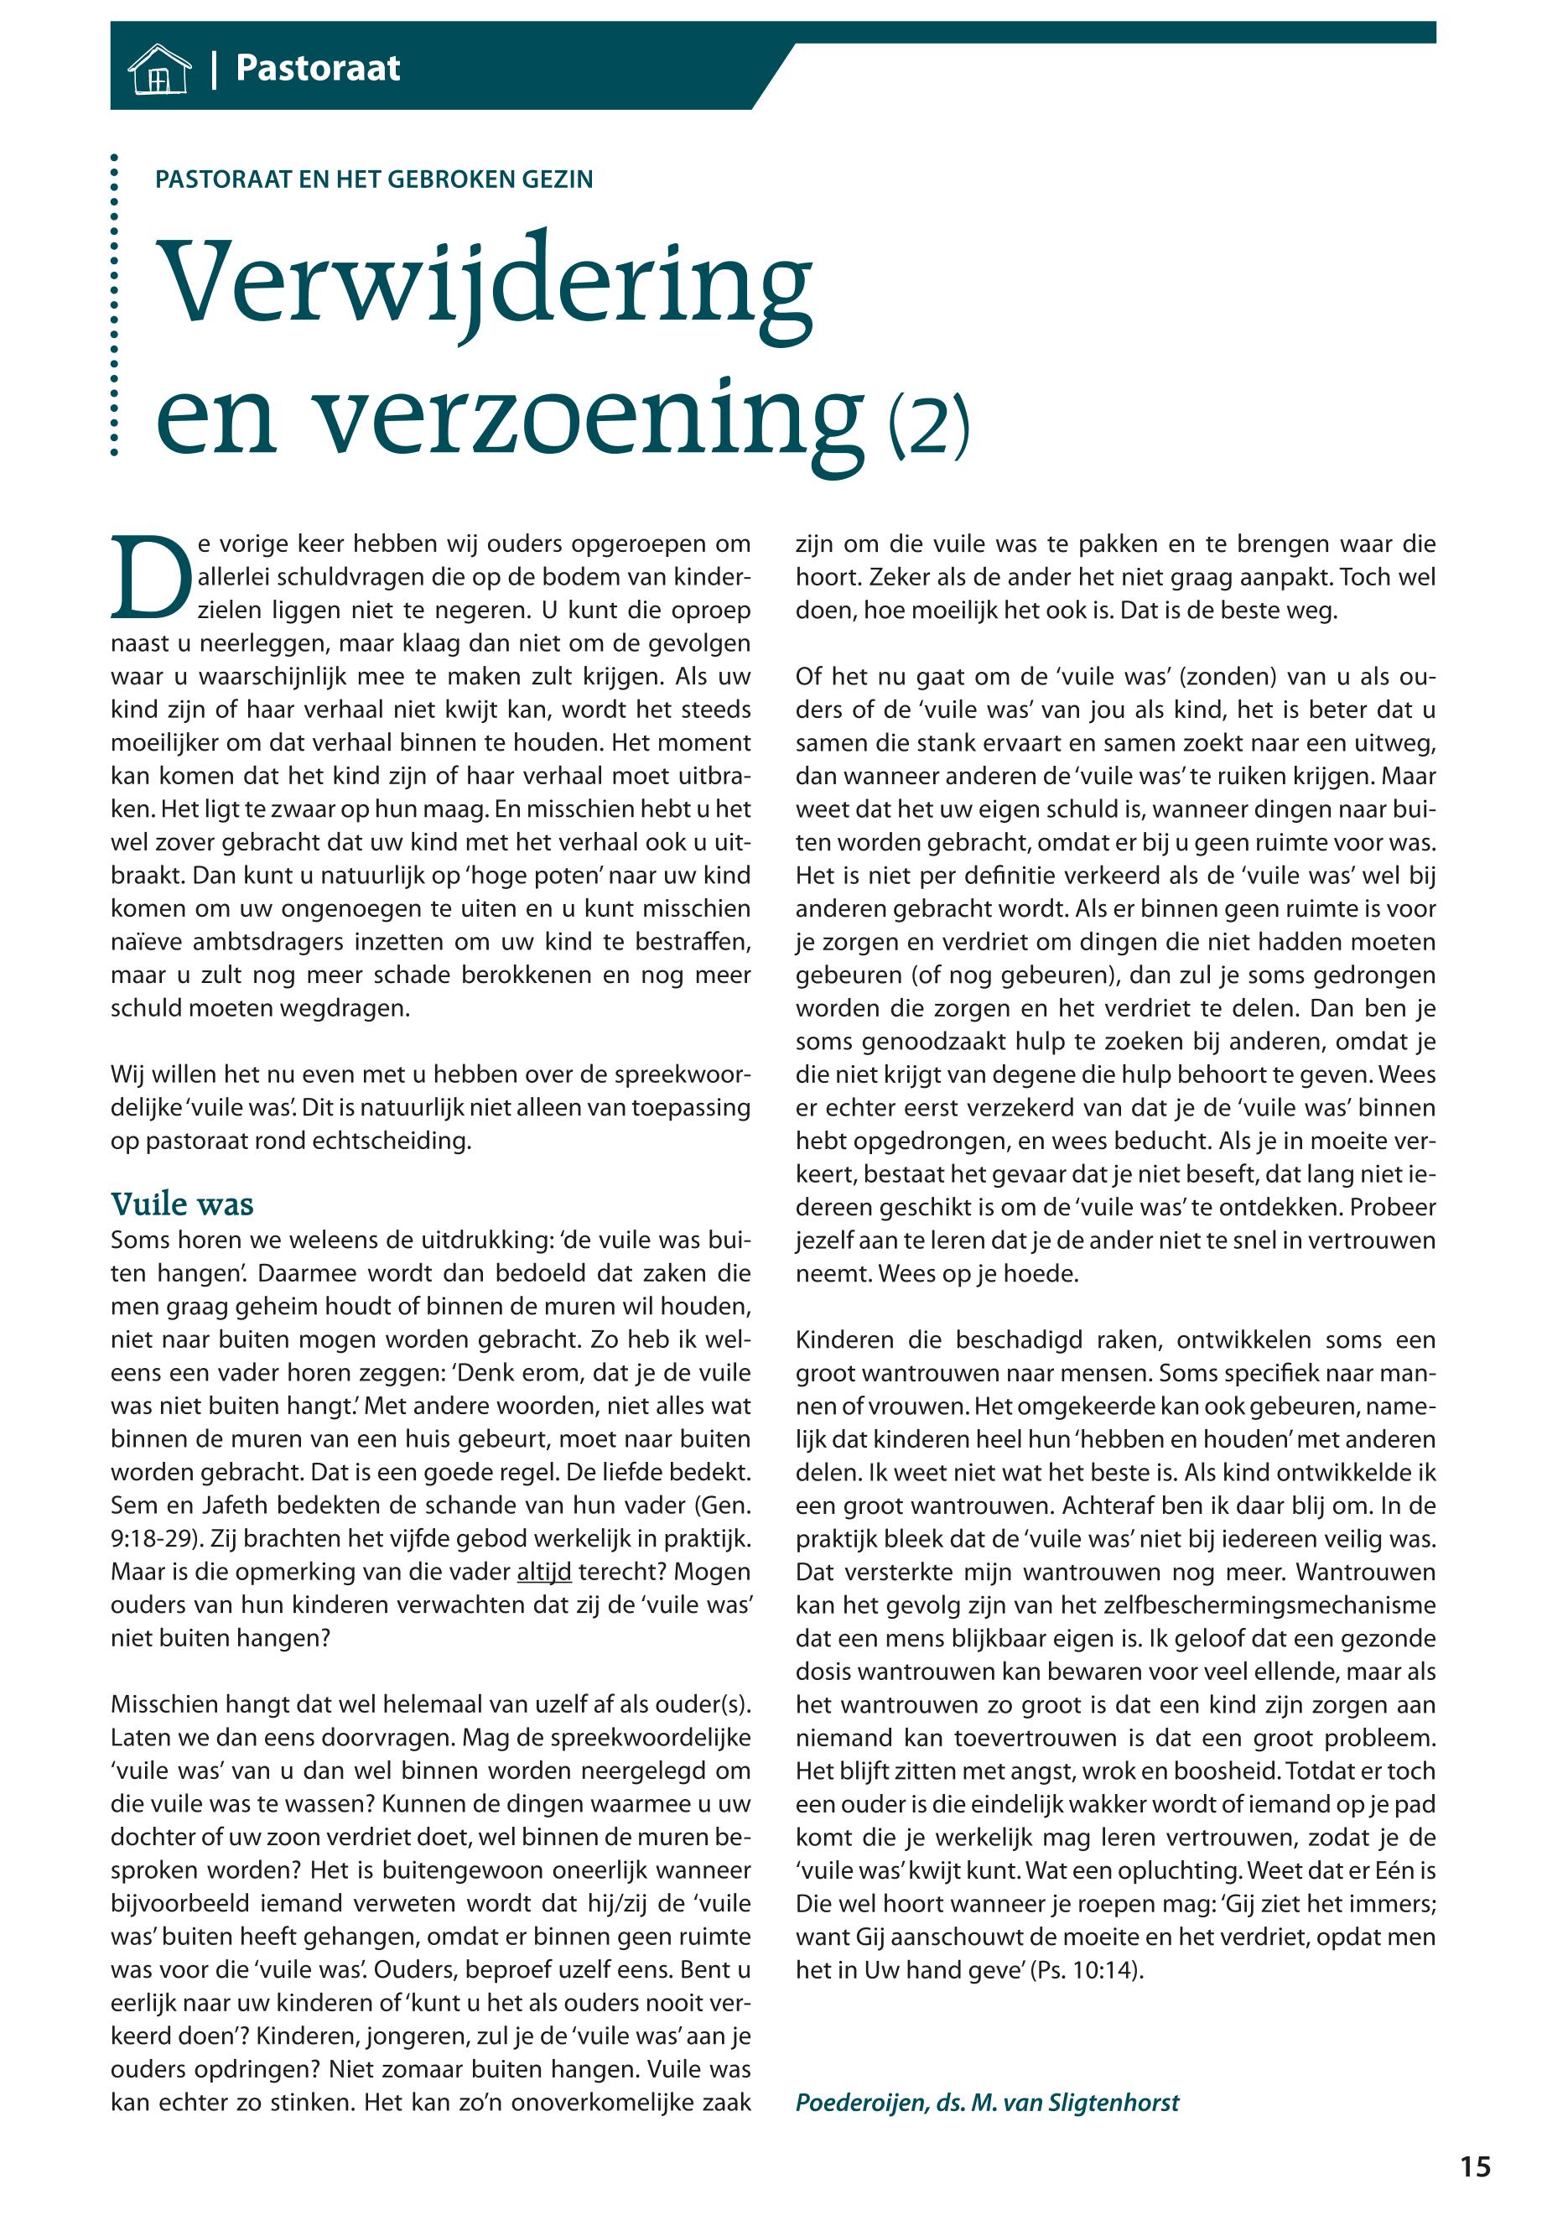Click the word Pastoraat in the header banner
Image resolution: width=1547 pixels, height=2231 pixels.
tap(318, 68)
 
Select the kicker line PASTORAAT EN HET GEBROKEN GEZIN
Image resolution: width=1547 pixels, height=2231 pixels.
tap(374, 179)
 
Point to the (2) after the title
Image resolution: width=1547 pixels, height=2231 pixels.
tap(928, 427)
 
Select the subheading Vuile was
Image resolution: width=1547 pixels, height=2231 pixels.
tap(182, 1204)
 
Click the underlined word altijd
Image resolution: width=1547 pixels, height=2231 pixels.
tap(544, 1572)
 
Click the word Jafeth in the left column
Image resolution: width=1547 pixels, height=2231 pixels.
tap(234, 1506)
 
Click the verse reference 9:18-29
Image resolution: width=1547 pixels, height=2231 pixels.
tap(157, 1539)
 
